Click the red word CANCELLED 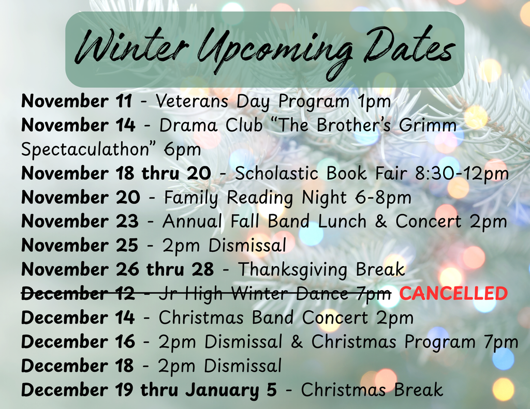point(453,293)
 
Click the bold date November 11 point(77,101)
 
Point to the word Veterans point(192,101)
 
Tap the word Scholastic point(276,173)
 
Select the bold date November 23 point(80,221)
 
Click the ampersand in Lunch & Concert point(381,221)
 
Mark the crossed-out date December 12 point(78,293)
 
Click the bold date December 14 point(78,317)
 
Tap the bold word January point(222,390)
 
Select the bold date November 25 point(80,245)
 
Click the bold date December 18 point(78,366)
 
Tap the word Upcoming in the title point(275,51)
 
